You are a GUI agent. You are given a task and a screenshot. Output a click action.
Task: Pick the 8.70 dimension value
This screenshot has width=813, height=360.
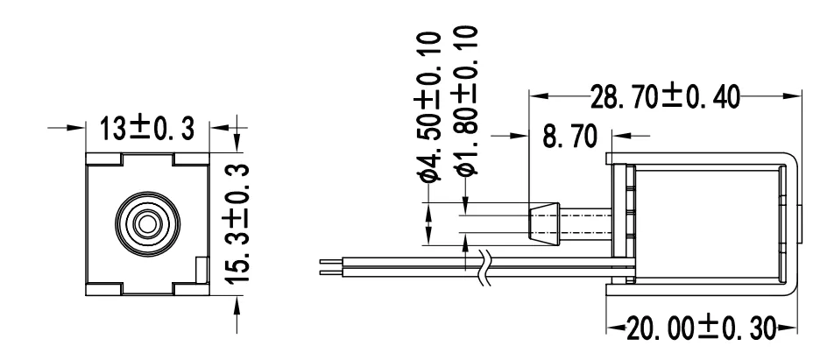pyautogui.click(x=569, y=137)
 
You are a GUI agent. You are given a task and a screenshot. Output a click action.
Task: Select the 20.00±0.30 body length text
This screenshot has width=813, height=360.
pyautogui.click(x=700, y=329)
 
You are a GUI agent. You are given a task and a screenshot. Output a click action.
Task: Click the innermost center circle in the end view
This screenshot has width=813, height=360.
pyautogui.click(x=146, y=222)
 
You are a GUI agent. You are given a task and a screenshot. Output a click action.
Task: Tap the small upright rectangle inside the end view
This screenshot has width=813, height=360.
pyautogui.click(x=201, y=269)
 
